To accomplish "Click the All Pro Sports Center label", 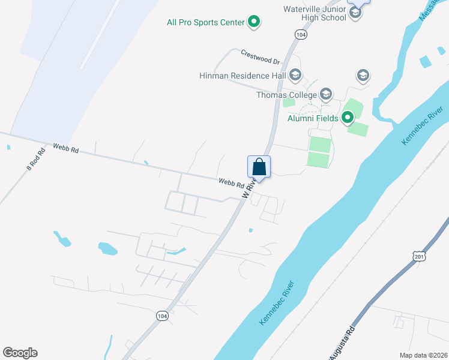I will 206,23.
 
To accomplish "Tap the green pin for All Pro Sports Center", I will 254,22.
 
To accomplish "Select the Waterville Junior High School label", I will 315,13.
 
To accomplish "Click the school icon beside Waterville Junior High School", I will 355,13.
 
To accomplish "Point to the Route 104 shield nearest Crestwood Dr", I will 301,35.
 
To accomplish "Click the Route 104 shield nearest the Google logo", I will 161,316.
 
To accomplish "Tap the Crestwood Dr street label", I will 261,57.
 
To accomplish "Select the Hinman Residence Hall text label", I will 243,76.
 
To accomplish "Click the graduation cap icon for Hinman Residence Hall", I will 295,76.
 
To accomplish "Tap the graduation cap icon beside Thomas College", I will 326,94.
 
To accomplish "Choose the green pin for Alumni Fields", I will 348,118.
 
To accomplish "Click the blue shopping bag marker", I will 259,166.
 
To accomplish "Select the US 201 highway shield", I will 419,256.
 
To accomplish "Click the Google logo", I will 20,353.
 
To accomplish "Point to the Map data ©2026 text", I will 423,355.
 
